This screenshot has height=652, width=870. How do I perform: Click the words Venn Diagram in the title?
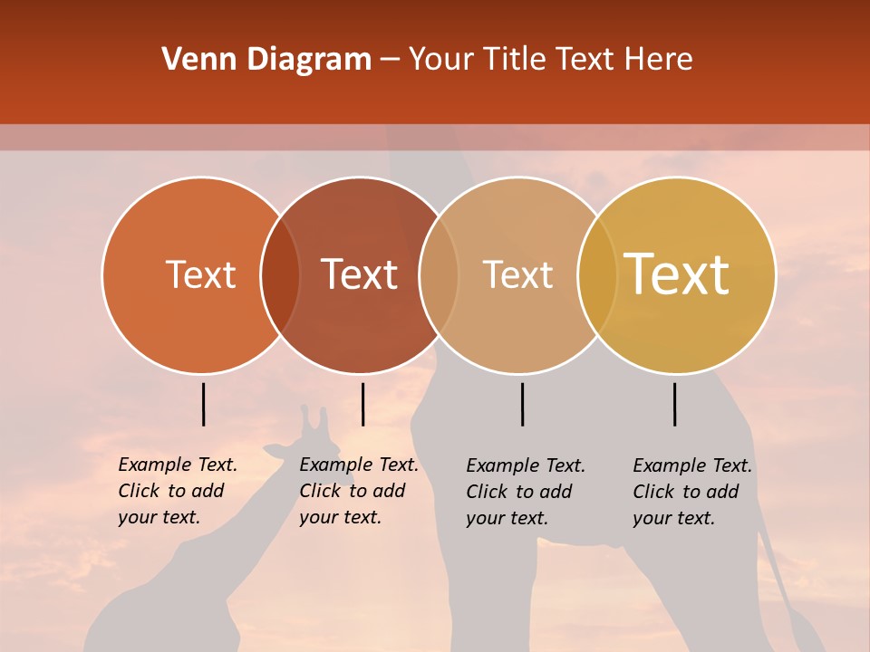[266, 60]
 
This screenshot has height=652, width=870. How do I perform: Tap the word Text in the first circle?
[200, 275]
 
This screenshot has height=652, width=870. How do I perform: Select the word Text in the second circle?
[360, 275]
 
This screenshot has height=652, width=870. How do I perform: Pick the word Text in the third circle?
[517, 275]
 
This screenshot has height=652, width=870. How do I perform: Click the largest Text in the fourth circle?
[677, 275]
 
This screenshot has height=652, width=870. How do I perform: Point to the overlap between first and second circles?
[280, 275]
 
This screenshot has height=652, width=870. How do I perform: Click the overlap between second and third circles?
[439, 275]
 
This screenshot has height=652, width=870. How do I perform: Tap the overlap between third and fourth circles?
[597, 275]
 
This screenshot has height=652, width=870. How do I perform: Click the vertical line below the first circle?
[203, 404]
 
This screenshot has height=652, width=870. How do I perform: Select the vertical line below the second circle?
[362, 404]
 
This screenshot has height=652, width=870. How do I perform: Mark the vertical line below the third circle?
[522, 404]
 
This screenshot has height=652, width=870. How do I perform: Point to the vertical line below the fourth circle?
[674, 404]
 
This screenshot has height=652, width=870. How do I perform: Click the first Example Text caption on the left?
[178, 491]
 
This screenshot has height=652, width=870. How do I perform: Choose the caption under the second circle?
[359, 491]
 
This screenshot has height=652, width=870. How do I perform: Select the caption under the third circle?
[526, 492]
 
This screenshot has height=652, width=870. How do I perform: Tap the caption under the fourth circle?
[692, 492]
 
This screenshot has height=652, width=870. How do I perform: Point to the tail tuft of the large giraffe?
[803, 625]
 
